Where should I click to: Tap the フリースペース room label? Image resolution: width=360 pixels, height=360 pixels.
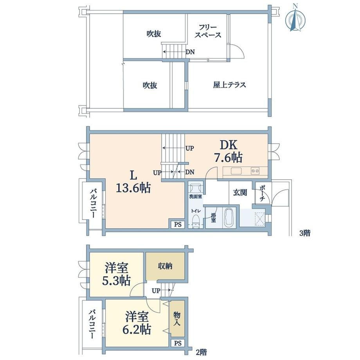click(x=208, y=31)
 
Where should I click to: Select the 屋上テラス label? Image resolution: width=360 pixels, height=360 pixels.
click(x=229, y=85)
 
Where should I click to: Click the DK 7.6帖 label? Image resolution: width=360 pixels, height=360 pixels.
click(x=229, y=151)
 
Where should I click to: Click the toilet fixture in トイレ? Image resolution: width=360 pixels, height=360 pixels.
click(x=196, y=221)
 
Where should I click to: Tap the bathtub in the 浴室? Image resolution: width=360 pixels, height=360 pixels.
click(x=229, y=218)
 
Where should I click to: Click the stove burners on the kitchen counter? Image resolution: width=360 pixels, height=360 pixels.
click(x=255, y=171)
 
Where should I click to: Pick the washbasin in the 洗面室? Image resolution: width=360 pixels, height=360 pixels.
click(x=195, y=188)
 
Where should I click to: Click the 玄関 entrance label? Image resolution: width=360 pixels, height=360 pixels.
click(x=240, y=193)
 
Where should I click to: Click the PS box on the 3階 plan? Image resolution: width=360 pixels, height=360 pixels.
click(x=178, y=224)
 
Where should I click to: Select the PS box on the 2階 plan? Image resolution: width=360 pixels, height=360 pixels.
click(x=178, y=343)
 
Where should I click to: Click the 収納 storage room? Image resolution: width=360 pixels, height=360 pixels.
click(x=165, y=266)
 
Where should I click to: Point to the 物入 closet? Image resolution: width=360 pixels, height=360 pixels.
click(x=177, y=319)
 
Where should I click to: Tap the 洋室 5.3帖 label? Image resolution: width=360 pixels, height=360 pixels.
click(x=117, y=274)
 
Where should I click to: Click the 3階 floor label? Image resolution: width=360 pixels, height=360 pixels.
click(x=305, y=233)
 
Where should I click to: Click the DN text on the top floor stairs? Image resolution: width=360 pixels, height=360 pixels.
click(x=190, y=52)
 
